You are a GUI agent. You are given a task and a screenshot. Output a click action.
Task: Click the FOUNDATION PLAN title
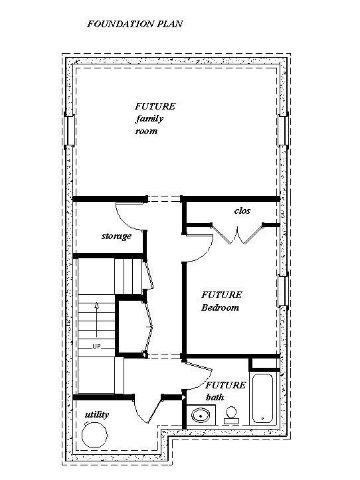click(135, 24)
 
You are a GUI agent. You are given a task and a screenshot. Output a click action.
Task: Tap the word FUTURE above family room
click(155, 106)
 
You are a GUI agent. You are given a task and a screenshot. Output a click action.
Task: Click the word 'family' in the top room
click(149, 119)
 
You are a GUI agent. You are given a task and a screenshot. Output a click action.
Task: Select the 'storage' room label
click(116, 236)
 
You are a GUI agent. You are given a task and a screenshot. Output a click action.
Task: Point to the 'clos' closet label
click(242, 210)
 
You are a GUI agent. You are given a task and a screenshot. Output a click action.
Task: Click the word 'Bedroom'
click(220, 308)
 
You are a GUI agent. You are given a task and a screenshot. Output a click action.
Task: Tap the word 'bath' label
click(215, 397)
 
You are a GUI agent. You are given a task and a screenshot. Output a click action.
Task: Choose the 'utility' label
click(97, 415)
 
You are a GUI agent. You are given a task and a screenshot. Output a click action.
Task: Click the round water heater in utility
click(95, 436)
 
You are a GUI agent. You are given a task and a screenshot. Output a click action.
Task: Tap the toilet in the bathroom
click(231, 415)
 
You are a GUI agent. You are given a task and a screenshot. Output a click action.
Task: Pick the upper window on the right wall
click(283, 127)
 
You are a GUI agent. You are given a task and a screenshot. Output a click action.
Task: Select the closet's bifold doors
click(238, 235)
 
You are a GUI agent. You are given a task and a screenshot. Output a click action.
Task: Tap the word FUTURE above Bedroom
click(222, 295)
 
